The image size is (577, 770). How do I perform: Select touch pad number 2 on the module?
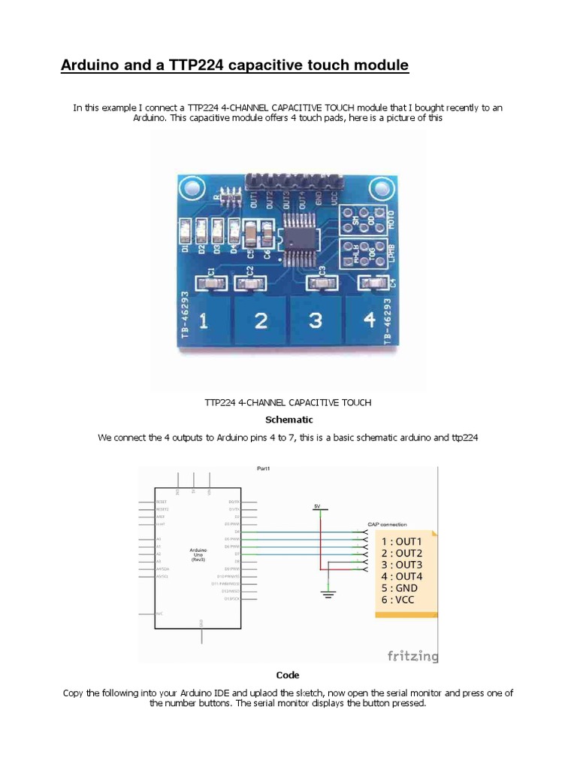click(260, 321)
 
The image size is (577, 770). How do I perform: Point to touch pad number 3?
click(316, 321)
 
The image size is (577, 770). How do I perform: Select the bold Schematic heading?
click(289, 420)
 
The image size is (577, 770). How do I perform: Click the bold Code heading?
click(288, 675)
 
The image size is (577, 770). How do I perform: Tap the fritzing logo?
click(412, 656)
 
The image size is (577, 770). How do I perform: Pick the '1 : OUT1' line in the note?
click(402, 541)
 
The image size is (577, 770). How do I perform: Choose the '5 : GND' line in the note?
click(400, 587)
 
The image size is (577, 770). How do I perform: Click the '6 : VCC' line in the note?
click(398, 599)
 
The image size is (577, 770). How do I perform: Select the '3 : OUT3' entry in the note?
click(402, 565)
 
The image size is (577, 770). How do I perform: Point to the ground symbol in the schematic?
click(328, 595)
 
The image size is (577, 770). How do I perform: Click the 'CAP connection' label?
click(387, 524)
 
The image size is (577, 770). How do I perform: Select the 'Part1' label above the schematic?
click(264, 468)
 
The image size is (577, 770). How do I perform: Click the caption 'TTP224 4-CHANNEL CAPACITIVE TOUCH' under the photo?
click(288, 402)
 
